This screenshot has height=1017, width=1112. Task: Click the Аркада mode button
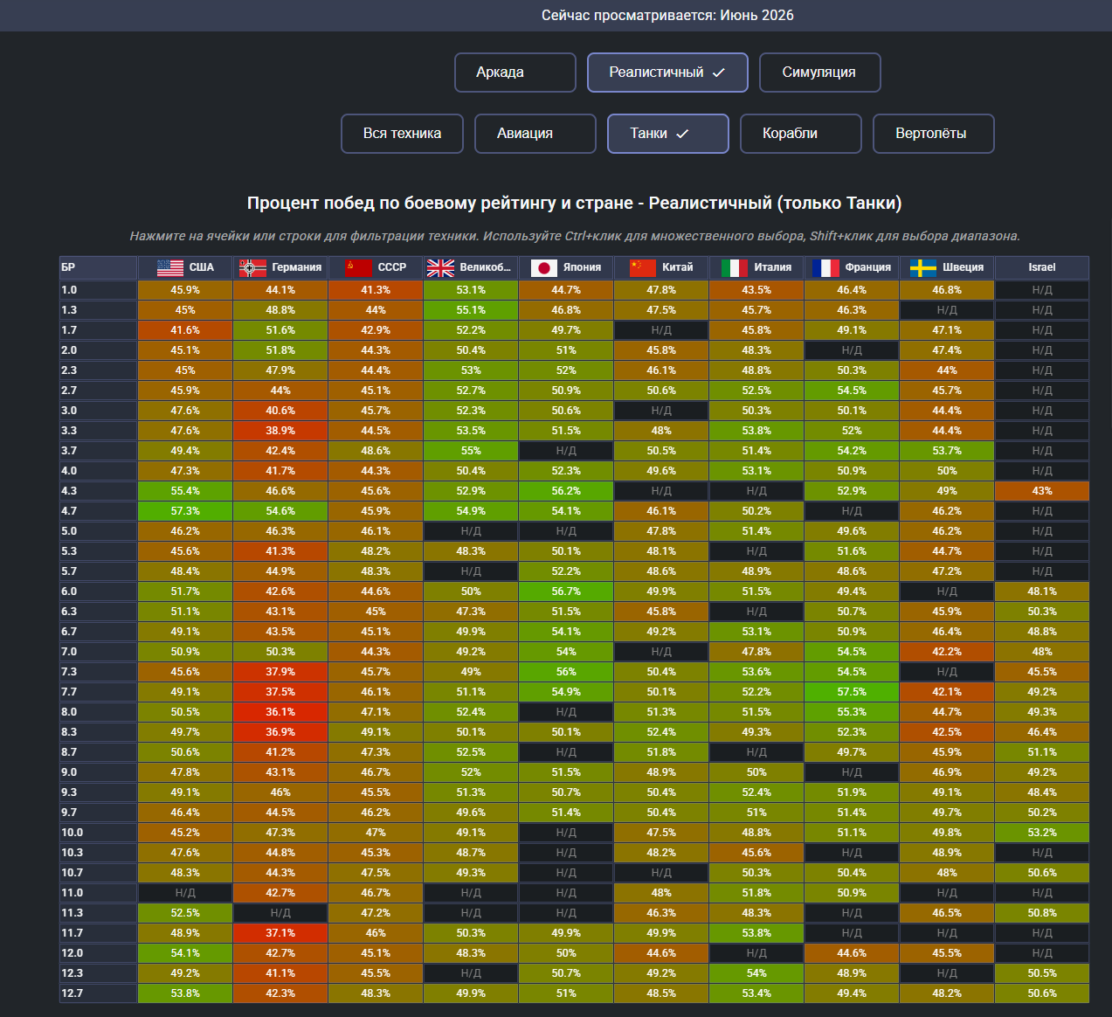[x=515, y=73]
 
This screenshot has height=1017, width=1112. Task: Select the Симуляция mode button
[x=819, y=73]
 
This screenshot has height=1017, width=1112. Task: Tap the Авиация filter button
[x=535, y=133]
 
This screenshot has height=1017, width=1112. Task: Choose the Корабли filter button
[x=800, y=133]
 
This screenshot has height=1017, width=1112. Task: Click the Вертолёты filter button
[x=934, y=133]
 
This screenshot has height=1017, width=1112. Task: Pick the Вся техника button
[x=402, y=133]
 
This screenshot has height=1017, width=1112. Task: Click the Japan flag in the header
[x=544, y=268]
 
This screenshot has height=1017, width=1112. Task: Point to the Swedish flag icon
[x=923, y=268]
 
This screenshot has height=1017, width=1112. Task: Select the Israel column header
[x=1041, y=267]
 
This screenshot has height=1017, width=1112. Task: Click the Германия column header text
[x=297, y=267]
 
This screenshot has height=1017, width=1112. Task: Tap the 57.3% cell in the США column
[x=185, y=511]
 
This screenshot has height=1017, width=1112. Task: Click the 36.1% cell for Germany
[x=280, y=711]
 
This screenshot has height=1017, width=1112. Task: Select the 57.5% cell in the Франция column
[x=852, y=691]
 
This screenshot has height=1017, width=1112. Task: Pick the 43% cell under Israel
[x=1041, y=491]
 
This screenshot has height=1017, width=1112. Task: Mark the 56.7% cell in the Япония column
[x=566, y=592]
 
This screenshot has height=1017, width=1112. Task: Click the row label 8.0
[x=69, y=711]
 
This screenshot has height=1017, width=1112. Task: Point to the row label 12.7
[x=72, y=993]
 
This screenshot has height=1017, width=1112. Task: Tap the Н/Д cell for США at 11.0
[x=185, y=892]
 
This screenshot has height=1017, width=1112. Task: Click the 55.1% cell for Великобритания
[x=471, y=310]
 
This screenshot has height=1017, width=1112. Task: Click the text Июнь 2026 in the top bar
[x=756, y=15]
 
